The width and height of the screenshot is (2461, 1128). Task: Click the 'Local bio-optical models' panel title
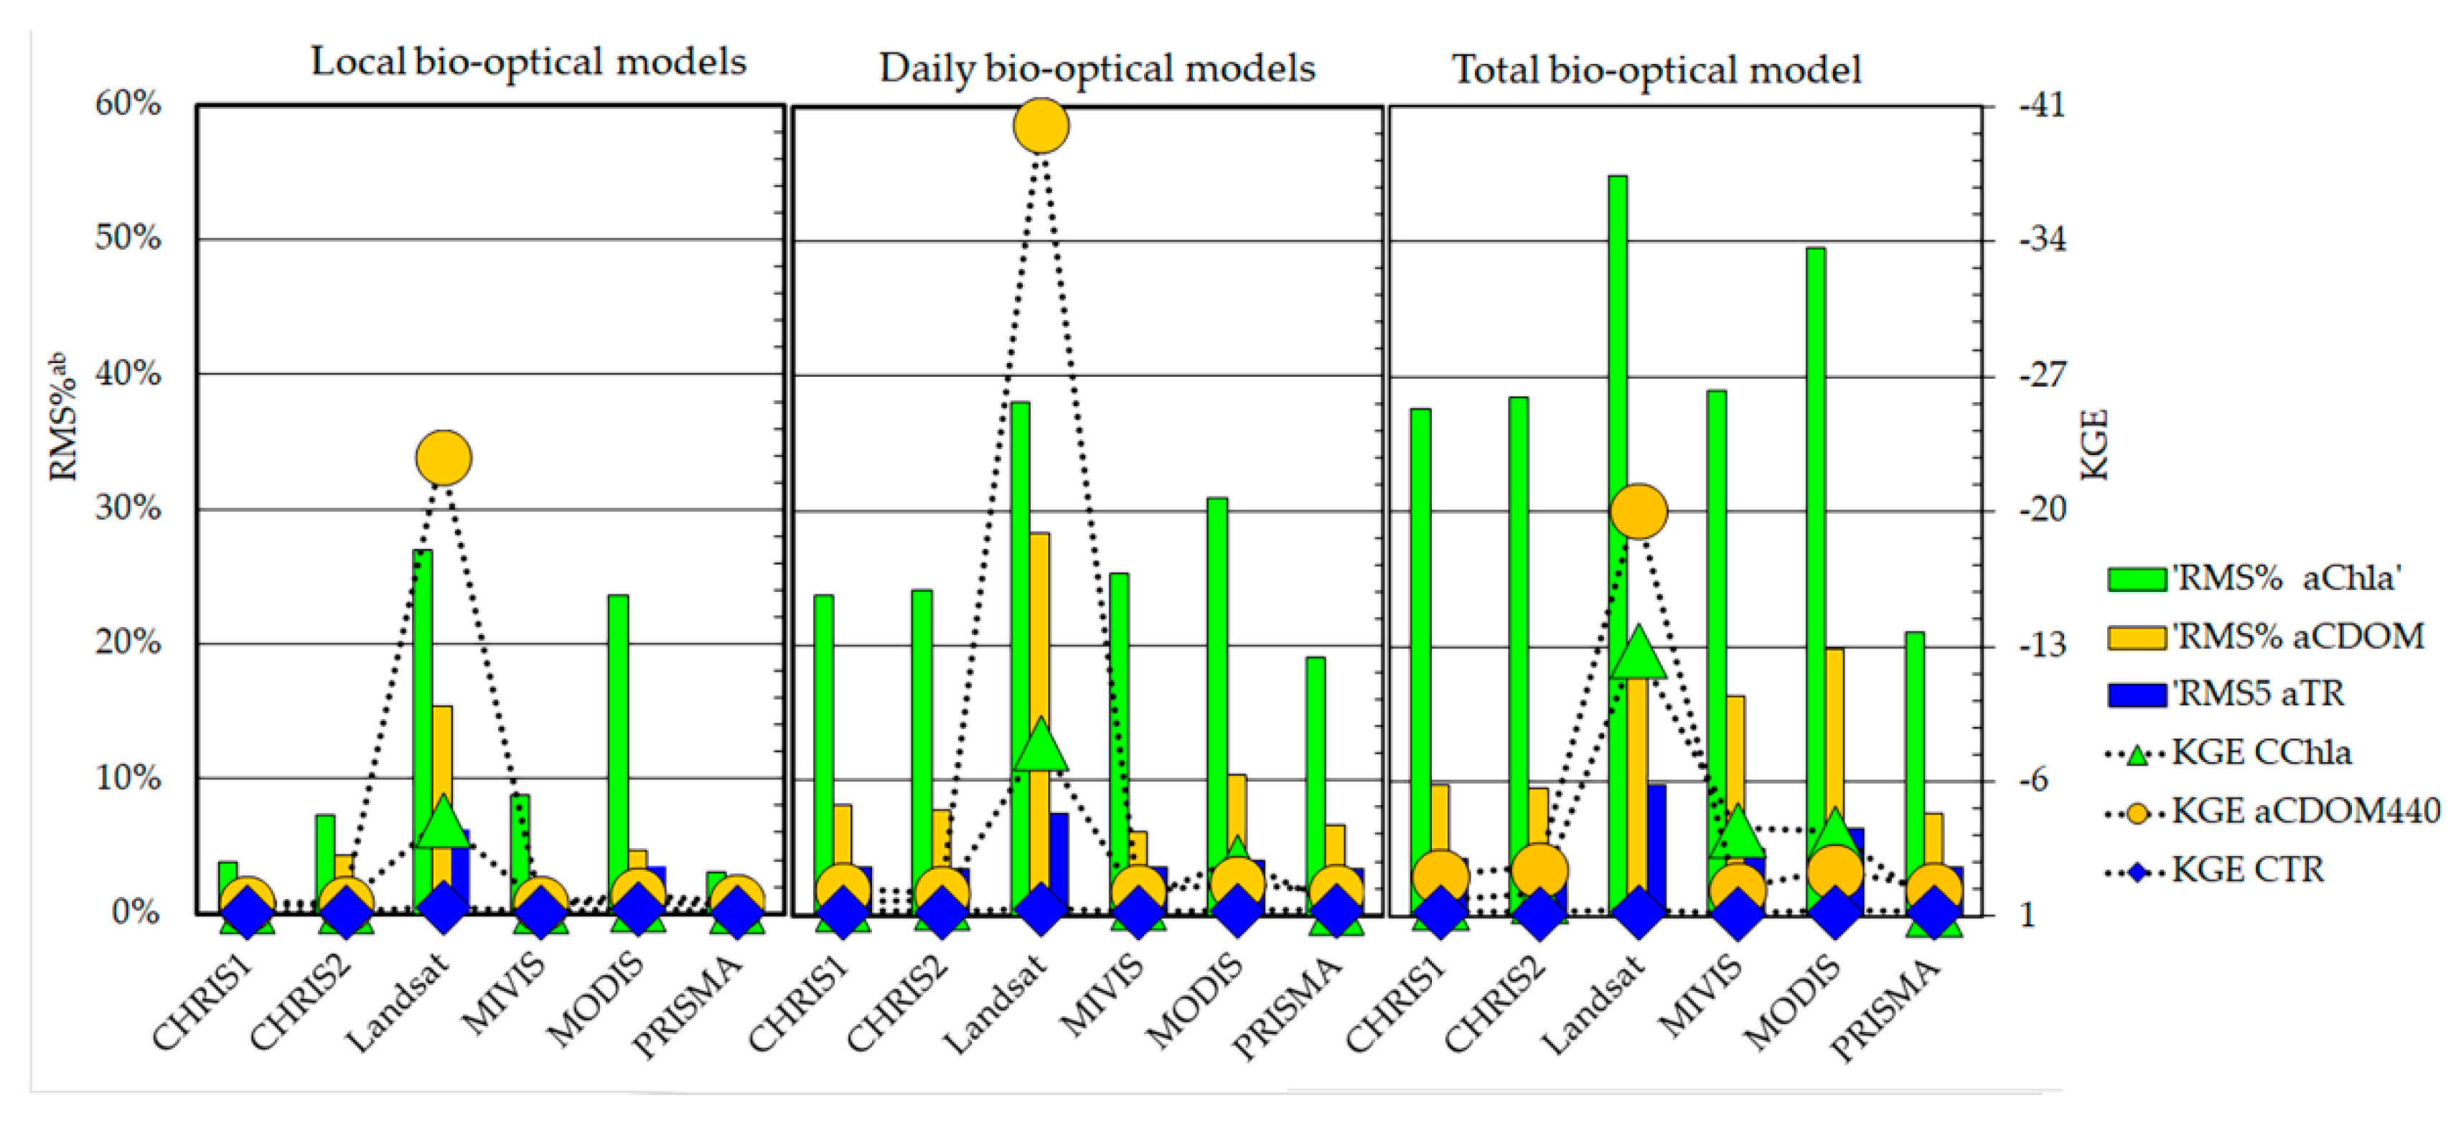click(x=528, y=62)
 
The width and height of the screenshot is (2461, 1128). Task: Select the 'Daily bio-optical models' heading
click(x=1096, y=69)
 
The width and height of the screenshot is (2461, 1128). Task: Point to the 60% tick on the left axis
click(x=128, y=103)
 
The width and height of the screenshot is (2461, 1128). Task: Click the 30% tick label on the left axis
click(x=128, y=508)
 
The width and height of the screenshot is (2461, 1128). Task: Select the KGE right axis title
click(x=2092, y=444)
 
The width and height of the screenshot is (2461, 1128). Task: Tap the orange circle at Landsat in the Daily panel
click(x=1041, y=125)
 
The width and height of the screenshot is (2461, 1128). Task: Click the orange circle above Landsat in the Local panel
click(x=444, y=458)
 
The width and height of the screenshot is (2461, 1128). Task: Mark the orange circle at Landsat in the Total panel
click(x=1638, y=511)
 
